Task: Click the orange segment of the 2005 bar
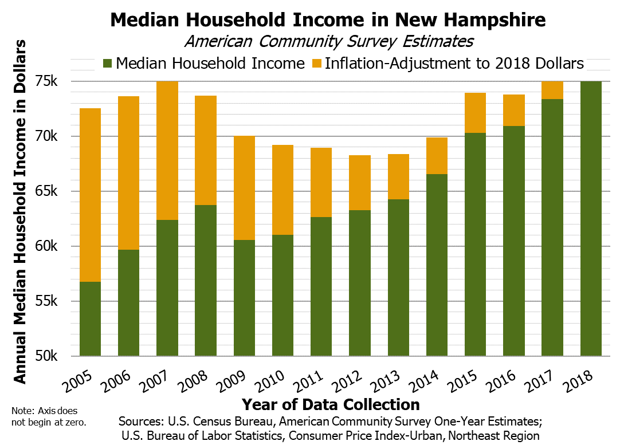(x=90, y=195)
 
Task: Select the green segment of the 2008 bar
(x=206, y=281)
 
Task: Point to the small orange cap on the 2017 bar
(x=552, y=90)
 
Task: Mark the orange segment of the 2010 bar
(x=282, y=190)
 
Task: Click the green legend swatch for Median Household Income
(x=107, y=63)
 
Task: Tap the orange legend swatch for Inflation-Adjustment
(x=316, y=63)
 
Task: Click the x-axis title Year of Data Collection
(x=330, y=404)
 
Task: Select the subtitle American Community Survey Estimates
(x=329, y=41)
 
